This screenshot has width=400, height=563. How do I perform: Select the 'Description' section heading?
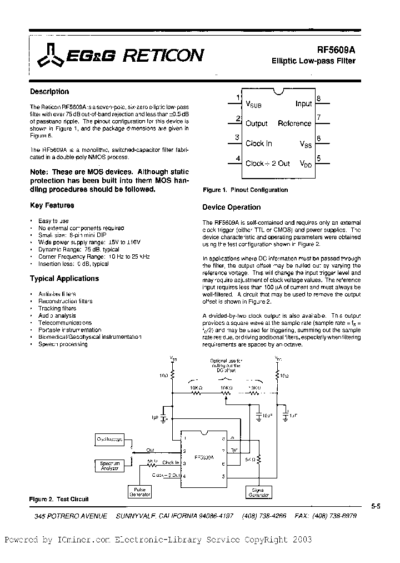point(49,92)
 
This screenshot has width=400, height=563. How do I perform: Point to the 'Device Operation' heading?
point(231,207)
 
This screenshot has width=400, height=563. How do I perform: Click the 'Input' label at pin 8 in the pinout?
point(303,103)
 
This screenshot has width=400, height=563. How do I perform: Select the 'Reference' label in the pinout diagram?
point(294,124)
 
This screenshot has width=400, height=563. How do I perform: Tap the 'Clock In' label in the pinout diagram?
point(259,144)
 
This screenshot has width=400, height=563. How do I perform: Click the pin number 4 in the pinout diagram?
point(238,159)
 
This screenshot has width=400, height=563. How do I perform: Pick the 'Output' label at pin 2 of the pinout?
point(256,124)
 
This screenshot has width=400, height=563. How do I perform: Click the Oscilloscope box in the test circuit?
point(110,439)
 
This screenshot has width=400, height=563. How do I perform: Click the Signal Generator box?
point(258,492)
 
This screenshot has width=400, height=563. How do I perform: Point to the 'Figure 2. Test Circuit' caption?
point(58,499)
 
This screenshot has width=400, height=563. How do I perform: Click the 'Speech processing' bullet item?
point(63,344)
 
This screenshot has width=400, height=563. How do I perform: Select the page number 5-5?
point(376,506)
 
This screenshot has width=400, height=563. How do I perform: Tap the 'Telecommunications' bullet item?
point(65,323)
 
